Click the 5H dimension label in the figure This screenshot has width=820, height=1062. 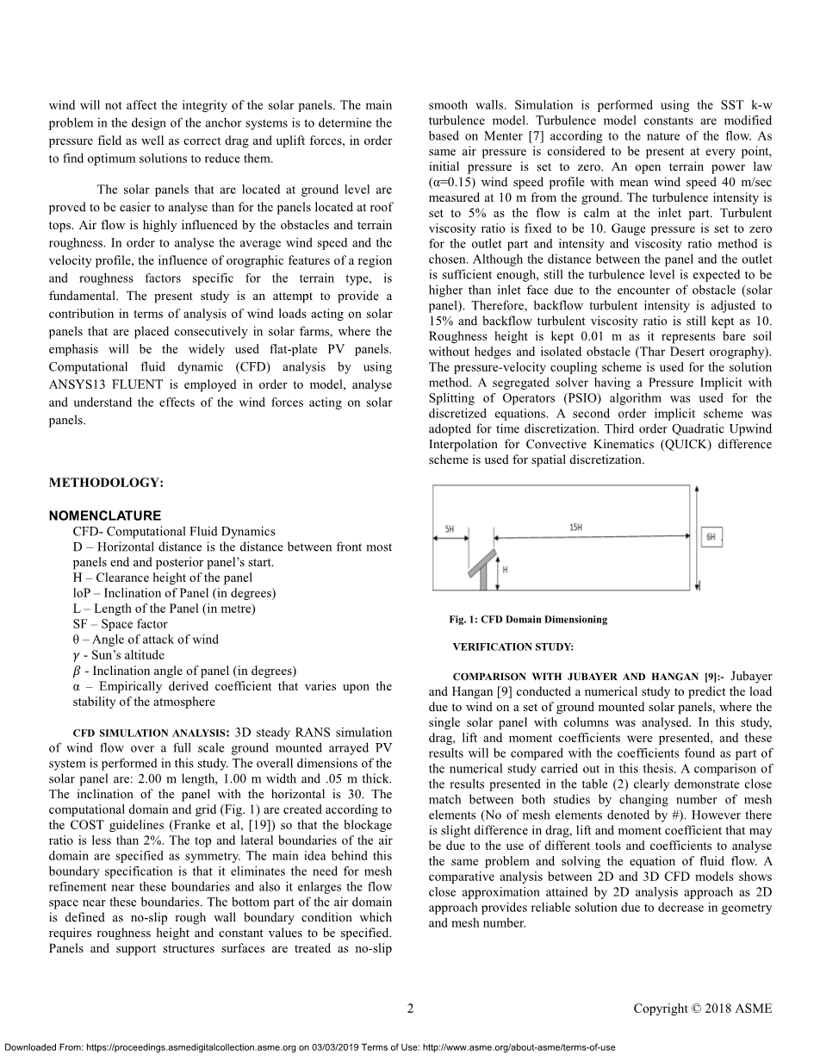click(450, 528)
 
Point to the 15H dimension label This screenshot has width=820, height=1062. click(575, 527)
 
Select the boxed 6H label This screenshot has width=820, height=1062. click(711, 537)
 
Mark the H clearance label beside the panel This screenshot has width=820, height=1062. click(505, 571)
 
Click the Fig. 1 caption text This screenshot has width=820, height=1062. click(528, 619)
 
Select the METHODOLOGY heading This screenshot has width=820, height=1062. click(106, 483)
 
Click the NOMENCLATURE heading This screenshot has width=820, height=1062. click(104, 516)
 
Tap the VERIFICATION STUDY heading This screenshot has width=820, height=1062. click(512, 647)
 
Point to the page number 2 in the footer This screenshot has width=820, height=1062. click(410, 1009)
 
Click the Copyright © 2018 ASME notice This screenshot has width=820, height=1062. click(703, 1009)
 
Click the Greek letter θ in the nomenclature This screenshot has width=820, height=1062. click(78, 640)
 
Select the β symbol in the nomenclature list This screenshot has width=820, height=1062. click(78, 671)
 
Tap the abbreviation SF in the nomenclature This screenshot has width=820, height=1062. click(82, 624)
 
